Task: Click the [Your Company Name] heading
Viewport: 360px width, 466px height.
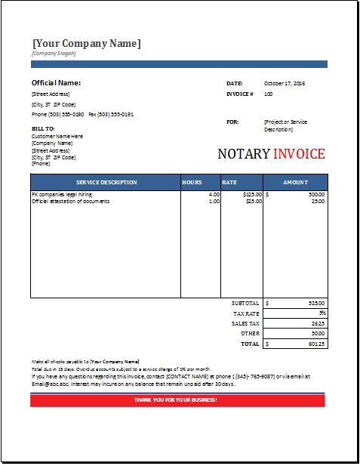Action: pos(86,43)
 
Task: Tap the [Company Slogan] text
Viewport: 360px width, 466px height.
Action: pos(54,54)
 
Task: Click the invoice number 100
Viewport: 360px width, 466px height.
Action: pos(268,94)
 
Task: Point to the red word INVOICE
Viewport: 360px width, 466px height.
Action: pos(299,154)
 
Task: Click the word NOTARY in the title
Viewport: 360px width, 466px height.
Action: pos(243,154)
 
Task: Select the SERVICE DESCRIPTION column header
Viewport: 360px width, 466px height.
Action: pos(106,182)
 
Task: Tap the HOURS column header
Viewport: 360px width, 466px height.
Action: pos(192,182)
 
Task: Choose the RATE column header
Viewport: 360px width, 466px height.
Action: pos(230,182)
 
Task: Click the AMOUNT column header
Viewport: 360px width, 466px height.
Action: pos(295,182)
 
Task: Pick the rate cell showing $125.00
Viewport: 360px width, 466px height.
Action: pos(252,195)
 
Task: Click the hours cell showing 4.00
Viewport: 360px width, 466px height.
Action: pos(214,195)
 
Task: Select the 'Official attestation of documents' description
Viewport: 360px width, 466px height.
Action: pos(71,202)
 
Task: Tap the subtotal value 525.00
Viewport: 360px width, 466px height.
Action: pos(316,303)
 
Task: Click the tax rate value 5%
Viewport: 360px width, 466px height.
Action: pos(322,313)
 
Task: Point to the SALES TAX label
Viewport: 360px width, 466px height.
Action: pos(245,322)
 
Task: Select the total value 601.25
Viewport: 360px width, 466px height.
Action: pos(316,343)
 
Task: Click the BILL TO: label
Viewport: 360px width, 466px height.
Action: pos(42,128)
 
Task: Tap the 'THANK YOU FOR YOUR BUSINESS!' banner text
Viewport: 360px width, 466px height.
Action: pos(175,400)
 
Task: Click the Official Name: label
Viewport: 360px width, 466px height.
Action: pos(56,82)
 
